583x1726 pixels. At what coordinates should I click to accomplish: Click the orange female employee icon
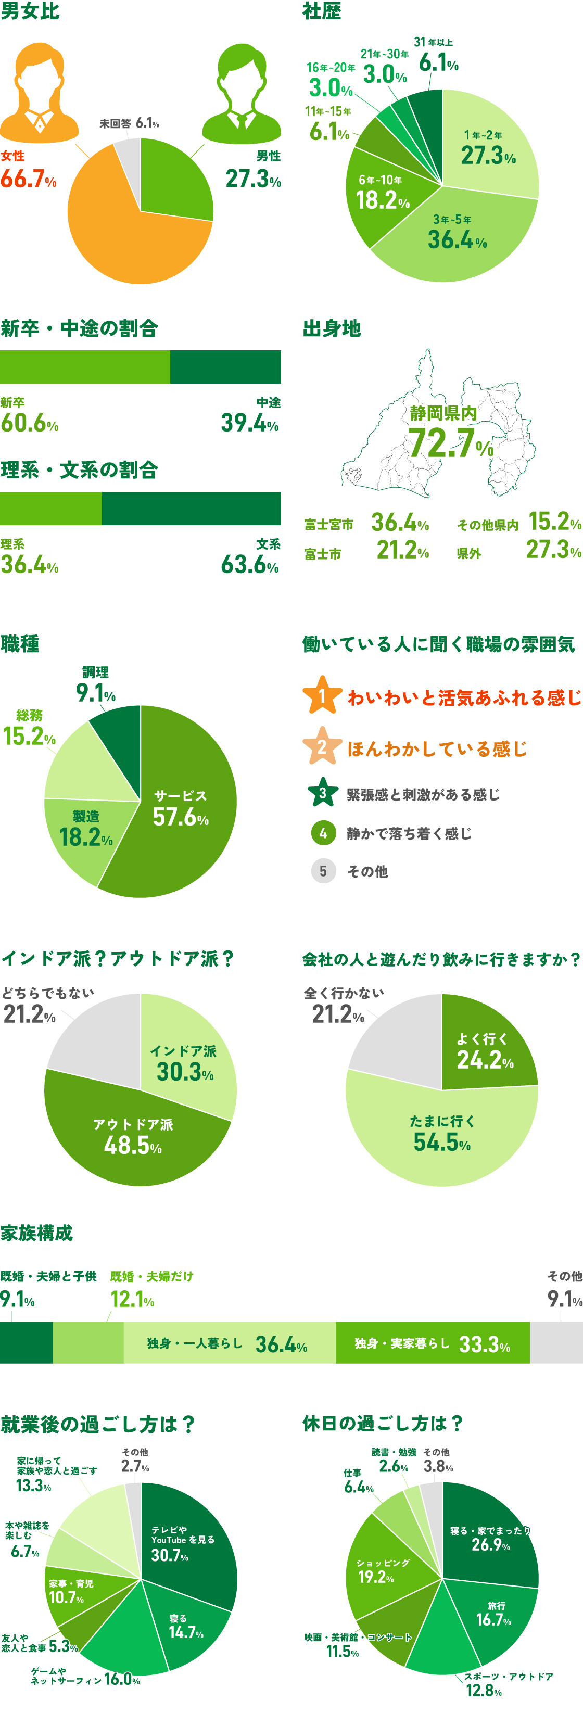pyautogui.click(x=39, y=94)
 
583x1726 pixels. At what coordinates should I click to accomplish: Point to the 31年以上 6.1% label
pyautogui.click(x=437, y=56)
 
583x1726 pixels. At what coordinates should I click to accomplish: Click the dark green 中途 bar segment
pyautogui.click(x=225, y=366)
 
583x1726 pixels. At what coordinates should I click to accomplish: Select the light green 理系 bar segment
pyautogui.click(x=51, y=509)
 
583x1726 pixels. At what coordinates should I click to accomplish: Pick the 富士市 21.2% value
pyautogui.click(x=402, y=551)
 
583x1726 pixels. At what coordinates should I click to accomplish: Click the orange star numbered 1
pyautogui.click(x=322, y=696)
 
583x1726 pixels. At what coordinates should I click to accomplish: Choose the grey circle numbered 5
pyautogui.click(x=323, y=871)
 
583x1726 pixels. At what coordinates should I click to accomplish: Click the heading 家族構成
pyautogui.click(x=37, y=1233)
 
